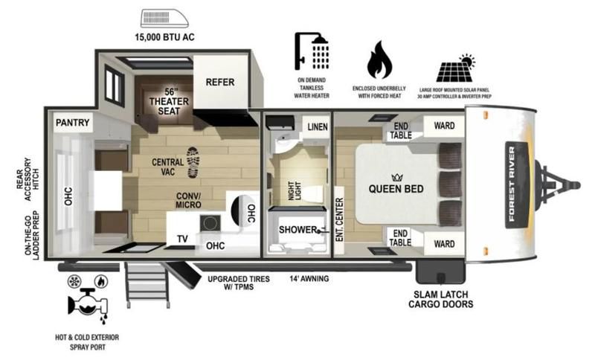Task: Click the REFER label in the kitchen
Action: click(220, 82)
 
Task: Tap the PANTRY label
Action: click(72, 123)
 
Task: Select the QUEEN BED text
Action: click(396, 189)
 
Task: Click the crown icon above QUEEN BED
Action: click(397, 177)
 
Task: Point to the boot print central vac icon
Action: click(193, 162)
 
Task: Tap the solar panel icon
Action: click(456, 68)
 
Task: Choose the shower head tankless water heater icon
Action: click(312, 51)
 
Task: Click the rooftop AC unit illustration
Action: click(164, 19)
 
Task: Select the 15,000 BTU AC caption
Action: click(164, 37)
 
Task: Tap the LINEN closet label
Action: click(318, 126)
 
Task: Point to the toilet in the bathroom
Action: click(313, 194)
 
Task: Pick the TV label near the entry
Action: click(182, 239)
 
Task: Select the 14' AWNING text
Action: click(309, 278)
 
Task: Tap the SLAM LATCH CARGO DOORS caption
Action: click(441, 299)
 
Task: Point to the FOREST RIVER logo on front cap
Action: click(516, 184)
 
